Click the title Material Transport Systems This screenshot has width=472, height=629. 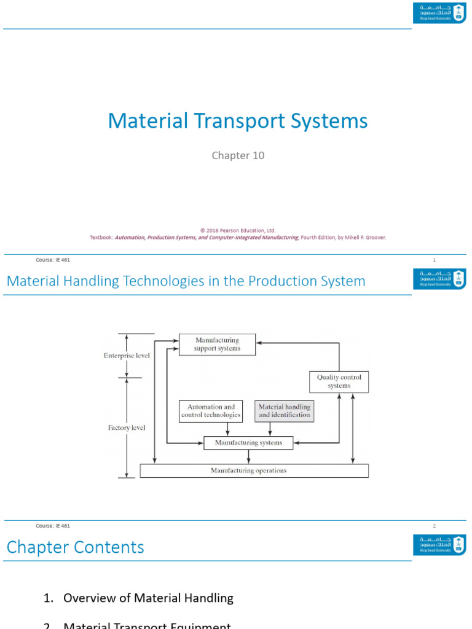pyautogui.click(x=238, y=121)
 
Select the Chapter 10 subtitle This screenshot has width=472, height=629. pyautogui.click(x=238, y=155)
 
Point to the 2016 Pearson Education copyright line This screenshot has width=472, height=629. pyautogui.click(x=238, y=230)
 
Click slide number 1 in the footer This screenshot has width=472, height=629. pyautogui.click(x=434, y=260)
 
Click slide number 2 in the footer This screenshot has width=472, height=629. pyautogui.click(x=434, y=526)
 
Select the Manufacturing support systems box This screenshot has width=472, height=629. pyautogui.click(x=217, y=345)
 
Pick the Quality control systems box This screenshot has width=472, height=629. pyautogui.click(x=339, y=381)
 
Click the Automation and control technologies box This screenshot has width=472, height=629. pyautogui.click(x=211, y=411)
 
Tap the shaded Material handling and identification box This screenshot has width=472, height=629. pyautogui.click(x=284, y=411)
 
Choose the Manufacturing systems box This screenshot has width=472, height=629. pyautogui.click(x=248, y=442)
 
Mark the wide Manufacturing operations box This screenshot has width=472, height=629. pyautogui.click(x=254, y=471)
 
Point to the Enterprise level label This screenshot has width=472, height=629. pyautogui.click(x=127, y=356)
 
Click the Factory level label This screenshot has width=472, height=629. pyautogui.click(x=127, y=428)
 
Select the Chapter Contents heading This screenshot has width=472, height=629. pyautogui.click(x=76, y=547)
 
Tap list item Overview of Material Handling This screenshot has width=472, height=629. pyautogui.click(x=148, y=598)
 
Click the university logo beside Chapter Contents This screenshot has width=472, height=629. pyautogui.click(x=439, y=545)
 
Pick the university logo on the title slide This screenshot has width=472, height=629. pyautogui.click(x=439, y=12)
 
